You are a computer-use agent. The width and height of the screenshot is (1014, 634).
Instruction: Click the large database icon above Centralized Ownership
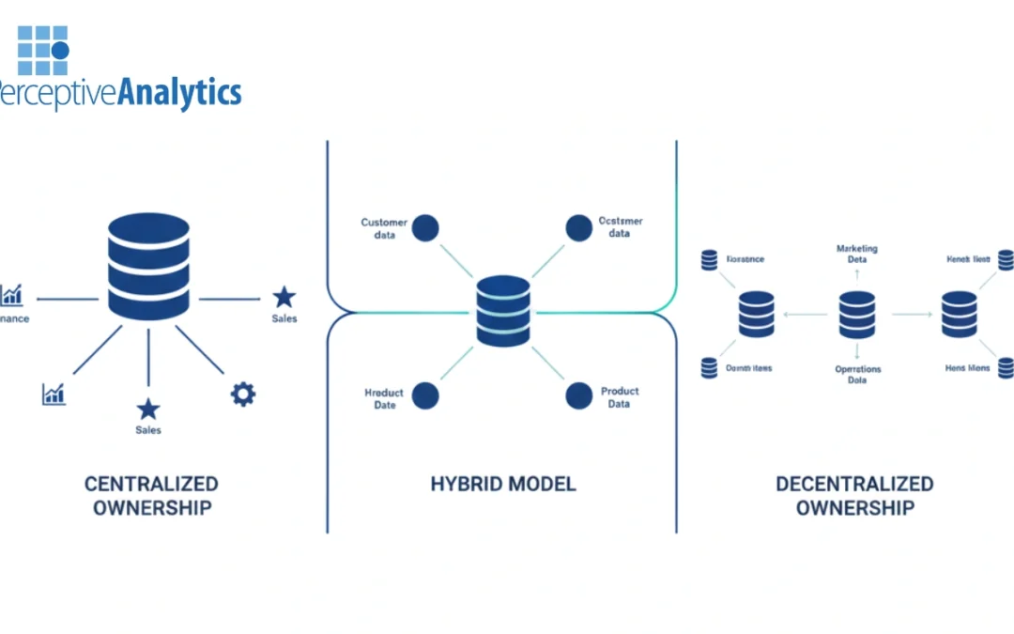click(148, 266)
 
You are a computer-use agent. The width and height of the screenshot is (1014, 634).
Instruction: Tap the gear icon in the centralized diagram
click(243, 394)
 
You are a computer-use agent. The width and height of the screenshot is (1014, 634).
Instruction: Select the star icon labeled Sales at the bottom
click(148, 409)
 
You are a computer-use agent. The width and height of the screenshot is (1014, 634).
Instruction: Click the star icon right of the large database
click(284, 298)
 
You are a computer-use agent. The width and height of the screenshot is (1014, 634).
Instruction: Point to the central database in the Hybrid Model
click(502, 311)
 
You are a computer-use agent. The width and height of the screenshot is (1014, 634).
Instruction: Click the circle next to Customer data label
click(425, 227)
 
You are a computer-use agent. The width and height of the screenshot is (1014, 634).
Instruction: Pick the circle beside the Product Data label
click(579, 395)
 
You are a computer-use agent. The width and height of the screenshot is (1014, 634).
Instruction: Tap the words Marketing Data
click(856, 254)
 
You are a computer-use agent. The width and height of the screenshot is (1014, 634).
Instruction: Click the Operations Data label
click(857, 375)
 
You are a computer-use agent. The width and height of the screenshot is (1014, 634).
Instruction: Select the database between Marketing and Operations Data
click(857, 315)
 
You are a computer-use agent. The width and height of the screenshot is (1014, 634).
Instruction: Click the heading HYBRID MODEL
click(502, 485)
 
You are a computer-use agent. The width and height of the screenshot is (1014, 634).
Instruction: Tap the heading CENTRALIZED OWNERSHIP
click(151, 496)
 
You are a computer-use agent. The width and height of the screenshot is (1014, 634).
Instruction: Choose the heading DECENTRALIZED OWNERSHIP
click(853, 496)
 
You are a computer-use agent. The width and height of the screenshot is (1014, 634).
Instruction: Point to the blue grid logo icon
click(43, 50)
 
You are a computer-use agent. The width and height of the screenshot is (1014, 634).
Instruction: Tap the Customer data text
click(384, 228)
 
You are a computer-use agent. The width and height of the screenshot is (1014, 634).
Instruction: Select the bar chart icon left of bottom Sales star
click(54, 394)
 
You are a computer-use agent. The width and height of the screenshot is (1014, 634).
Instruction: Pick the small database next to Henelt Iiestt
click(1005, 259)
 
